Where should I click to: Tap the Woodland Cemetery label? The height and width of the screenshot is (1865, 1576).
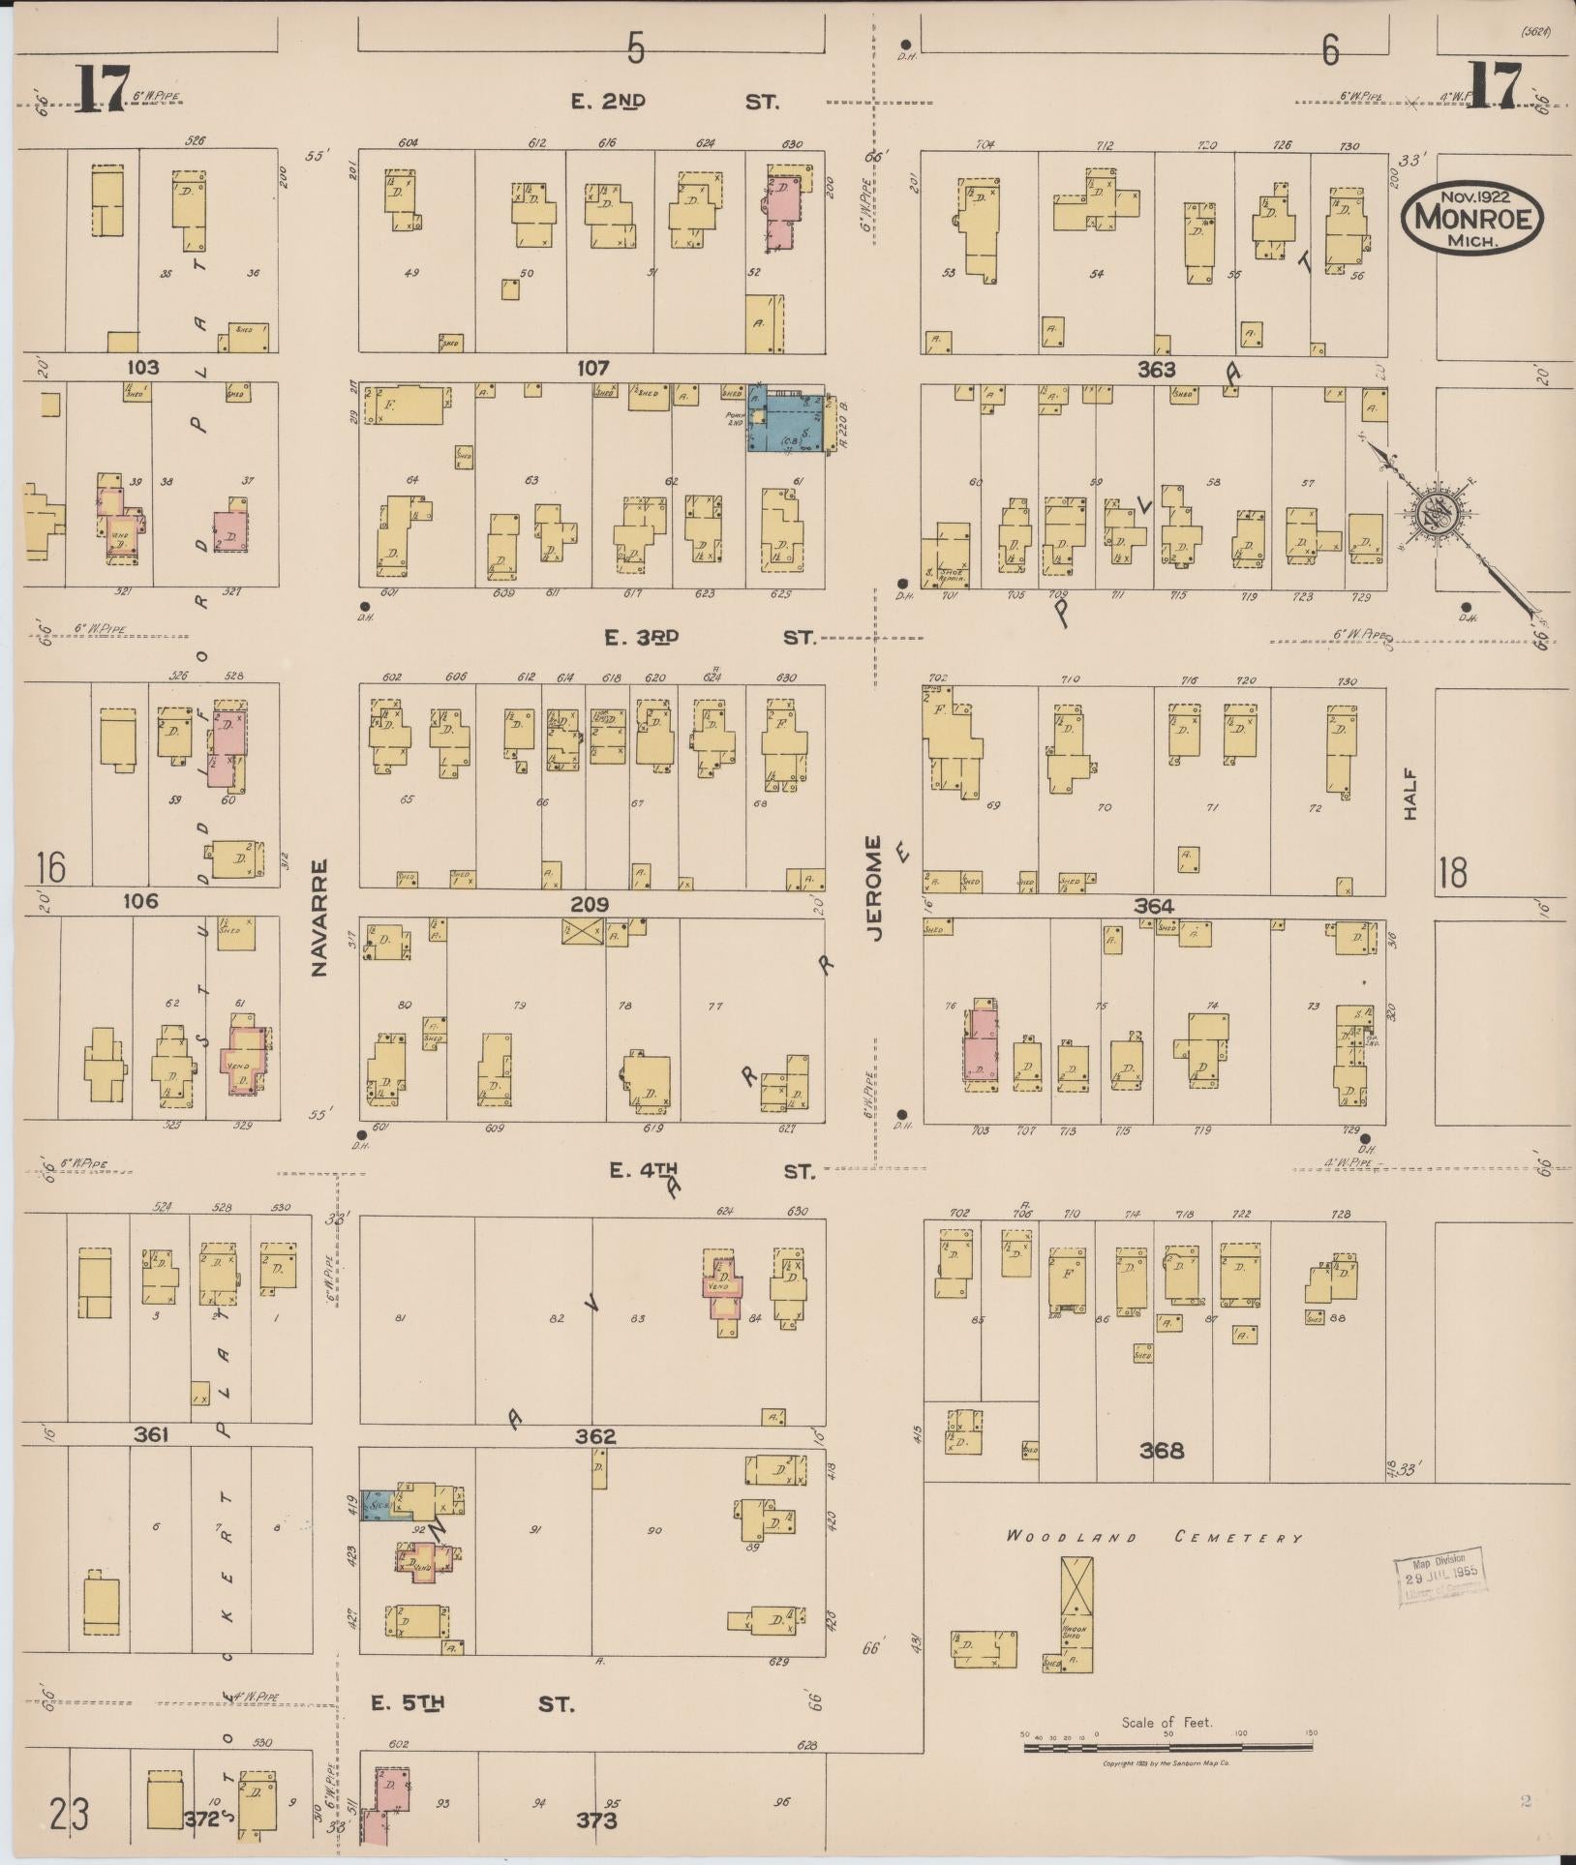pyautogui.click(x=1154, y=1536)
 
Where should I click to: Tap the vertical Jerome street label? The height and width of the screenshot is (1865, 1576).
pyautogui.click(x=877, y=887)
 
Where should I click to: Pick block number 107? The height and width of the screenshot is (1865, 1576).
pyautogui.click(x=591, y=368)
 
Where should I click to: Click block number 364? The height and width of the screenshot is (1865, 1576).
pyautogui.click(x=1153, y=906)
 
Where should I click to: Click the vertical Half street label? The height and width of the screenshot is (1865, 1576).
pyautogui.click(x=1410, y=795)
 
